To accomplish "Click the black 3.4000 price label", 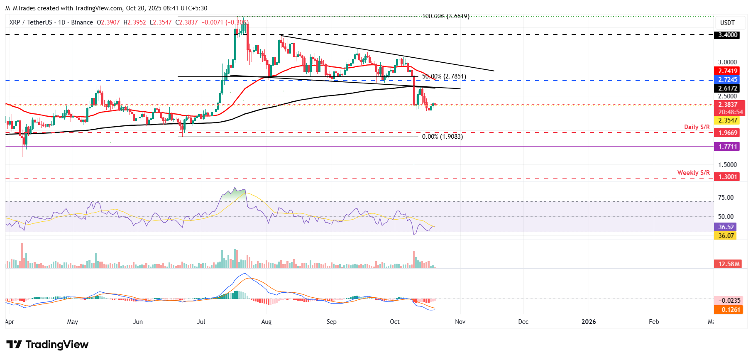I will tap(728, 35).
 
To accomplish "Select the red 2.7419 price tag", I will tap(728, 71).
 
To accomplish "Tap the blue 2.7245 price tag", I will tap(728, 80).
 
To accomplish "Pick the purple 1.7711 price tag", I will tap(728, 147).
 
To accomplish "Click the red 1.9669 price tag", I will tap(728, 133).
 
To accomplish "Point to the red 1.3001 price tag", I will tap(728, 177).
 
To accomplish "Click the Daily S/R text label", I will tap(697, 127).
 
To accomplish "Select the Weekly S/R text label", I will tap(693, 173).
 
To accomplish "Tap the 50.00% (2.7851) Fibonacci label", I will tap(444, 76).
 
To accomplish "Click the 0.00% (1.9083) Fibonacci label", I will tap(442, 137).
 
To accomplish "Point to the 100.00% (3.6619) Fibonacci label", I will tap(445, 17).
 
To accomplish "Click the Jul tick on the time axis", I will tap(201, 322).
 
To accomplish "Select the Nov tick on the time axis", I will tap(460, 322).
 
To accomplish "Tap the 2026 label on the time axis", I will tap(588, 322).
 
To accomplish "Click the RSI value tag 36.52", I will tap(726, 227).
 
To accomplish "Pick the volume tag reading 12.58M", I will tap(729, 264).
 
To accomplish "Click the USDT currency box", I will tap(727, 23).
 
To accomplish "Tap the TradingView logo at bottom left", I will tap(47, 345).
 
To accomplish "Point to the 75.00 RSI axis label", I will tap(726, 198).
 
